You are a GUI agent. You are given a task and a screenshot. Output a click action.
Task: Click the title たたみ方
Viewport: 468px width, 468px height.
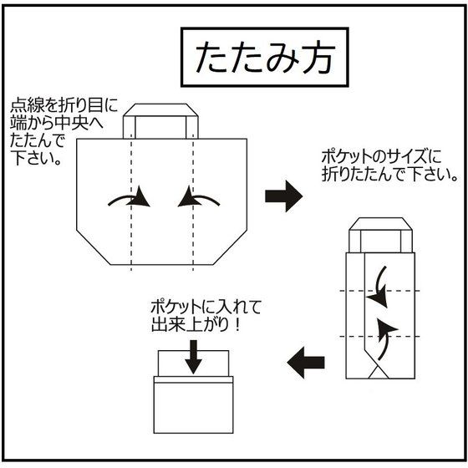[x=265, y=58]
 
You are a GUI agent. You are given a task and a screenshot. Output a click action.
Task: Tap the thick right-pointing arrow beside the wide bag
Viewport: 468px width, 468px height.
[x=283, y=196]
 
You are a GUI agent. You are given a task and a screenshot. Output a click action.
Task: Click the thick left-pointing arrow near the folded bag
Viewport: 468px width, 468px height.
[x=306, y=363]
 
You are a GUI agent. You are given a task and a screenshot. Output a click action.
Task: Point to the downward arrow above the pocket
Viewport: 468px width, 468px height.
[x=193, y=357]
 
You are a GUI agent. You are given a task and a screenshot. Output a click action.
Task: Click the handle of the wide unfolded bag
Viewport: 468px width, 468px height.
[x=160, y=121]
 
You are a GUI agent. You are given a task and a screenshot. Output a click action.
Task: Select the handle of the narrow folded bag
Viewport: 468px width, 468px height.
[x=380, y=235]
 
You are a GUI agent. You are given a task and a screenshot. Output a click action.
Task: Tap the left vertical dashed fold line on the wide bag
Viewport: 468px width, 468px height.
[x=131, y=203]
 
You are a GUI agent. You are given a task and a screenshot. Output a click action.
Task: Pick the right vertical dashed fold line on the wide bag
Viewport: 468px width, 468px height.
[x=193, y=203]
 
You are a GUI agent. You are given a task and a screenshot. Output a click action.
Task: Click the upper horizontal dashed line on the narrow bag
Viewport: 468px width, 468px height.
[x=380, y=291]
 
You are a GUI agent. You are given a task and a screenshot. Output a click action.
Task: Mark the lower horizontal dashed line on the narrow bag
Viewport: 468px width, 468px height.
[x=380, y=336]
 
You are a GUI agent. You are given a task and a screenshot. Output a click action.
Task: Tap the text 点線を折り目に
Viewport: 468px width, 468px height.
[x=64, y=105]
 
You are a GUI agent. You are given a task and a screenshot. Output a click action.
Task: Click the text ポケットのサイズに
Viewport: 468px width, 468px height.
[x=381, y=157]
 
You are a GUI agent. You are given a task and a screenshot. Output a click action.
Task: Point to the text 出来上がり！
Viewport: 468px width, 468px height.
[x=196, y=325]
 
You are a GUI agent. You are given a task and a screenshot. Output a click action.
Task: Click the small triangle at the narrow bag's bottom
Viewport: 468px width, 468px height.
[x=379, y=373]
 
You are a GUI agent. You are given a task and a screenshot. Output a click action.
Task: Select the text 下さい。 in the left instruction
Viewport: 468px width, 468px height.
[x=36, y=158]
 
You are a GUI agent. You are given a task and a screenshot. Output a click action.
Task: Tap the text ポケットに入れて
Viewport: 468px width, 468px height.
[x=206, y=308]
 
